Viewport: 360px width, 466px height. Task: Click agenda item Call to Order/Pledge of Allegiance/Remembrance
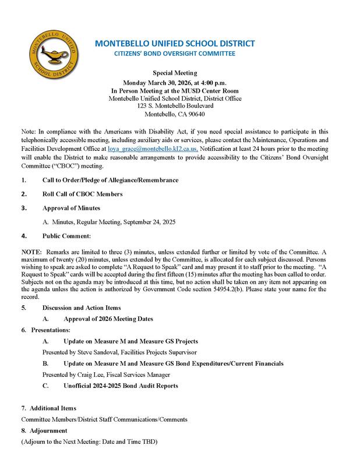point(110,181)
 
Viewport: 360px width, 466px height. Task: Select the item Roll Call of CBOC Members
point(82,194)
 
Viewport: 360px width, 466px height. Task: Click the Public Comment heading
point(66,236)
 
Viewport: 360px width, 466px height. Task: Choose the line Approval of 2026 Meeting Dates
point(108,319)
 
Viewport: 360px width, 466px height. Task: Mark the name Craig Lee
point(91,375)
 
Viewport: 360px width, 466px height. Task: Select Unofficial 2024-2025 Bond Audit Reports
point(120,386)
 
